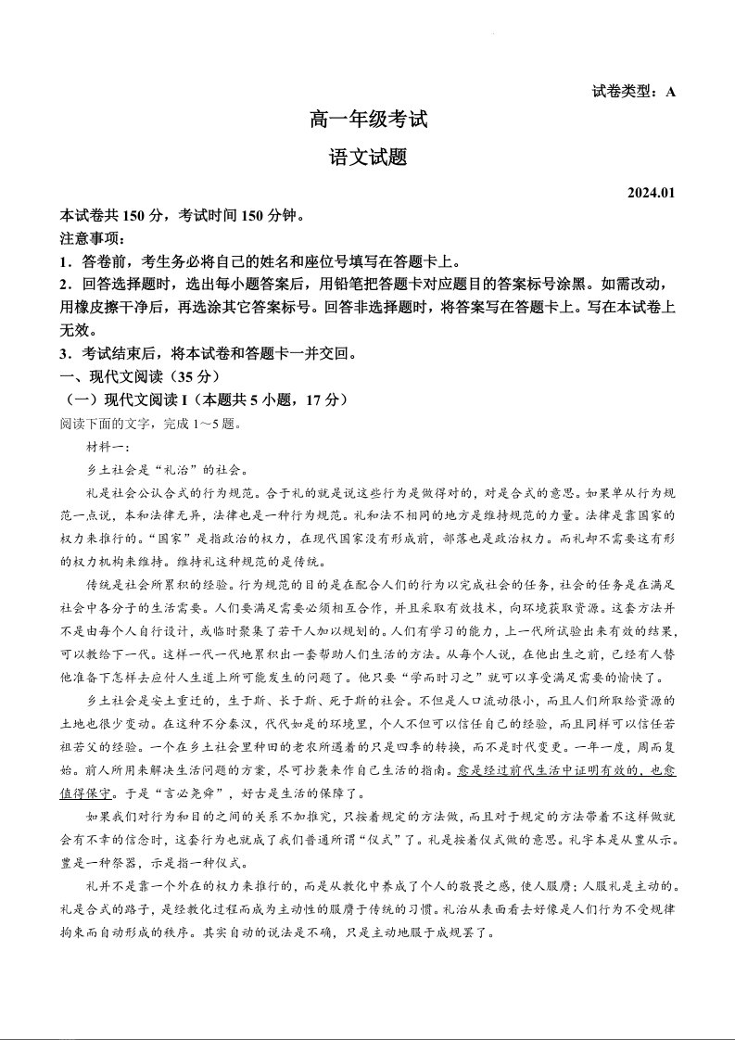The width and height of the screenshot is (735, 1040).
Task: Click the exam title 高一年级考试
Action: click(368, 120)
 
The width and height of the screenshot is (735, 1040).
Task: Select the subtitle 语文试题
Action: click(368, 158)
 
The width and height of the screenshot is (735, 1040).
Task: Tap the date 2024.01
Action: click(652, 193)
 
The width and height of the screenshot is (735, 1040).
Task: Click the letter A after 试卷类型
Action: click(670, 91)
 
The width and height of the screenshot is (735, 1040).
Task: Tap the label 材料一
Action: click(108, 447)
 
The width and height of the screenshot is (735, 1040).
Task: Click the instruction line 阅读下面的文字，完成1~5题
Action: click(149, 424)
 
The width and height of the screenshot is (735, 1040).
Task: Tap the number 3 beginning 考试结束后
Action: click(64, 354)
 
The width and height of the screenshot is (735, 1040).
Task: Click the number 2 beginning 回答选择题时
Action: click(64, 285)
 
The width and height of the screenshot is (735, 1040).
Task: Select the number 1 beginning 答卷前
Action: click(64, 261)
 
